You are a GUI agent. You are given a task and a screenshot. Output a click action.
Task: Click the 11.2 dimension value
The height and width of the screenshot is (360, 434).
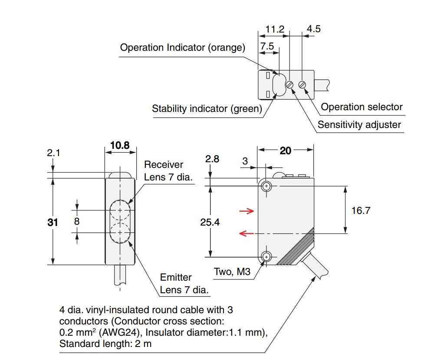coord(275,29)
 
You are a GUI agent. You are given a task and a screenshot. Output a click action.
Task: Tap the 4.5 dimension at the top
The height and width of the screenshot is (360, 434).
coord(313,29)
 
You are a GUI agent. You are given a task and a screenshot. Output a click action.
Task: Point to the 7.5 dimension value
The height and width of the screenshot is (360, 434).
coord(267,46)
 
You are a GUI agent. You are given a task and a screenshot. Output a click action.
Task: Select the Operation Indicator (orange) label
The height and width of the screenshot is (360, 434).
coord(182,47)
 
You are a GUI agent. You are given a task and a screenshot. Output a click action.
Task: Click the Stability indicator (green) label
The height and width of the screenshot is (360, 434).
coord(207,108)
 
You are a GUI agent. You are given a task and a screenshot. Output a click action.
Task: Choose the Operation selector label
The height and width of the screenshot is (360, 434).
coord(362,107)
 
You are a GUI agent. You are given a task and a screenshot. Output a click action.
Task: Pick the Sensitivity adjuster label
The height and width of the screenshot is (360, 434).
coord(359,125)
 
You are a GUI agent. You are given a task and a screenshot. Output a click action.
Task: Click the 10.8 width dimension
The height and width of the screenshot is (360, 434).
coord(120,145)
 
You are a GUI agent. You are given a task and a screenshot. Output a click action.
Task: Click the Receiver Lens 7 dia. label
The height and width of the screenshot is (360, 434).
coord(168,170)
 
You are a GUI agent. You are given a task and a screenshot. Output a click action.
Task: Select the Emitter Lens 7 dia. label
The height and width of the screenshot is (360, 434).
coord(182,283)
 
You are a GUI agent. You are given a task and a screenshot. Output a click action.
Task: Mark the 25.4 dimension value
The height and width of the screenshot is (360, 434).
coord(210,222)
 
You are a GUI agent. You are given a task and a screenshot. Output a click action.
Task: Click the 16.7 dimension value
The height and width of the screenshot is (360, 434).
coord(361,210)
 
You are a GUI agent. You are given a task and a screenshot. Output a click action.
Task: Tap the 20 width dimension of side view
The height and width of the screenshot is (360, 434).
coord(285,151)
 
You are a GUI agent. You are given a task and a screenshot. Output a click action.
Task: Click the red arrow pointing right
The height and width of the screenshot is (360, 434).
coord(247,211)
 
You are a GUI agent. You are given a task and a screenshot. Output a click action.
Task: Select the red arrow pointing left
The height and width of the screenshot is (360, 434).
coord(247,234)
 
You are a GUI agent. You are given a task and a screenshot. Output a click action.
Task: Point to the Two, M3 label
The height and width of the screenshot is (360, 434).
coord(232,272)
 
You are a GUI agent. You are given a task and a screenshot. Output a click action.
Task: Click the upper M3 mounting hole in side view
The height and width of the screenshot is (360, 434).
coord(266,187)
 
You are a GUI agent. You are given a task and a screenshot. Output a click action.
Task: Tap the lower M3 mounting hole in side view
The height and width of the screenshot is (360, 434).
coord(266,257)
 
